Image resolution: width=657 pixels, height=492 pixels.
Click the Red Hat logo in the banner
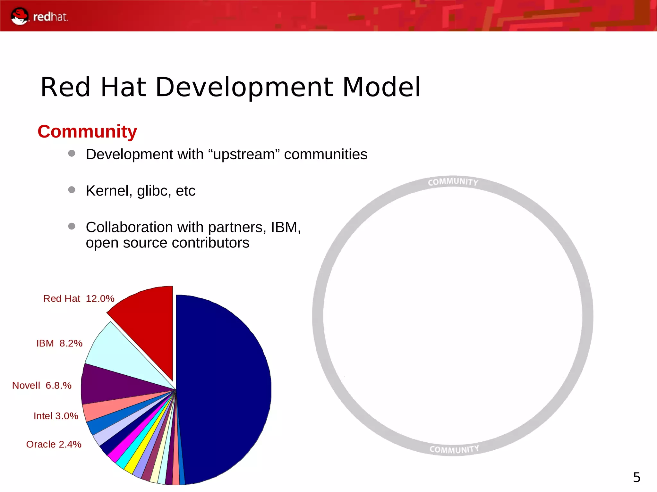pos(38,16)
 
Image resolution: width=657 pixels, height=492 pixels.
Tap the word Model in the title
pos(381,87)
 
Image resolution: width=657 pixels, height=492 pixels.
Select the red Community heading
pos(87,132)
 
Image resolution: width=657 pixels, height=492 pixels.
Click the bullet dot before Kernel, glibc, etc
pos(72,190)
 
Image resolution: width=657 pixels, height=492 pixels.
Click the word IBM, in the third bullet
pos(286,227)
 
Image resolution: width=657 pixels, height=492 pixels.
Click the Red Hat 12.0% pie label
pos(79,298)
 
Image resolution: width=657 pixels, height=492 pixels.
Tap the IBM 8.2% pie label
pos(59,343)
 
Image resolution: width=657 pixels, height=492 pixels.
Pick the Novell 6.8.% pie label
pos(42,385)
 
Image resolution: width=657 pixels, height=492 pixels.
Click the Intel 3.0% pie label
pos(56,416)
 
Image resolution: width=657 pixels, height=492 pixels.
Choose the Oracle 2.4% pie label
pos(54,444)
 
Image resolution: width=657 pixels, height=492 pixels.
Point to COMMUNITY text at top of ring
pos(453,182)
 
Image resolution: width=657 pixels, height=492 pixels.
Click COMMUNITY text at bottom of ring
pos(454,449)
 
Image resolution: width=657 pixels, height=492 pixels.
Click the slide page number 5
pos(636,477)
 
